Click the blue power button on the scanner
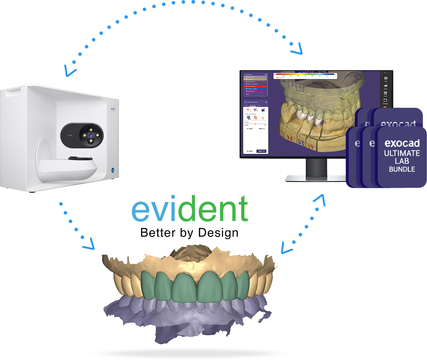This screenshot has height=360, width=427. tap(113, 170)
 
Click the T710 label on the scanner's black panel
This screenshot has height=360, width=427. tap(70, 136)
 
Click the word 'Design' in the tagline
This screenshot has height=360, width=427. tap(218, 233)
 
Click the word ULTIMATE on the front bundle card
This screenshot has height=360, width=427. tap(402, 153)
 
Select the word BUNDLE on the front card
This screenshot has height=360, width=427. tap(402, 169)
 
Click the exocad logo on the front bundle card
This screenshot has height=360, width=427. tap(402, 143)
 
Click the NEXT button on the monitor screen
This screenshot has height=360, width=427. tap(261, 151)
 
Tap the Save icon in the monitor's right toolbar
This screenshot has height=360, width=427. tap(386, 80)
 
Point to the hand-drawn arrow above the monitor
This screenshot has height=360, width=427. tap(296, 49)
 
